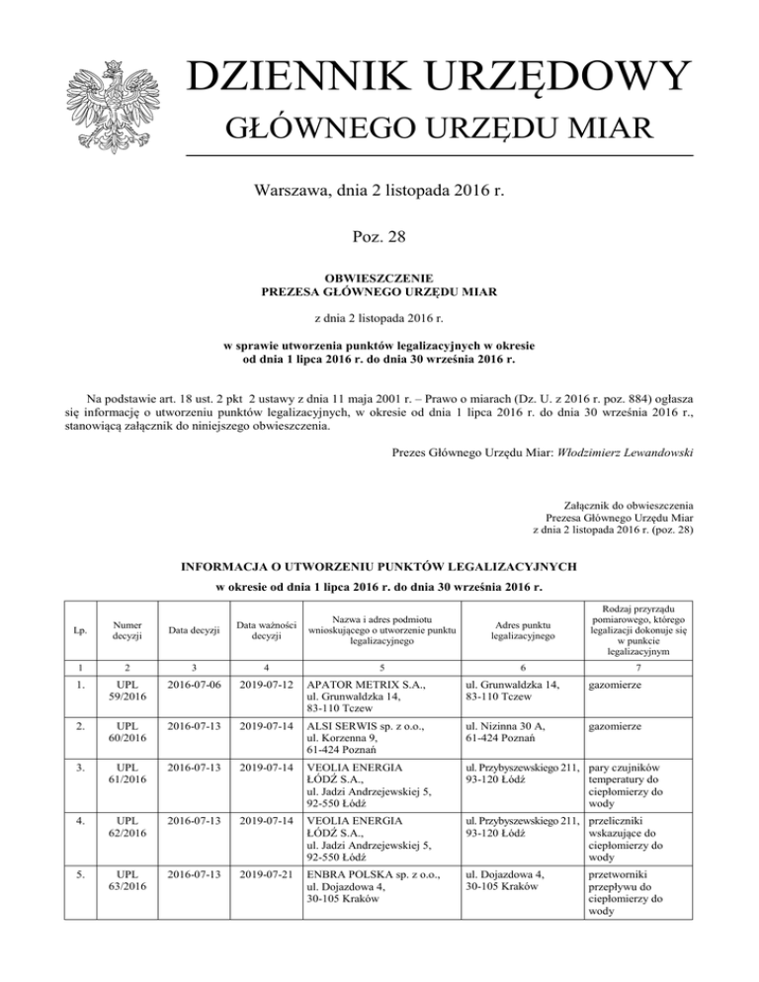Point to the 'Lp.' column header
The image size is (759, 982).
tap(69, 627)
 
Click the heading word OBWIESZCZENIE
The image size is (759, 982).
tap(379, 280)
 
